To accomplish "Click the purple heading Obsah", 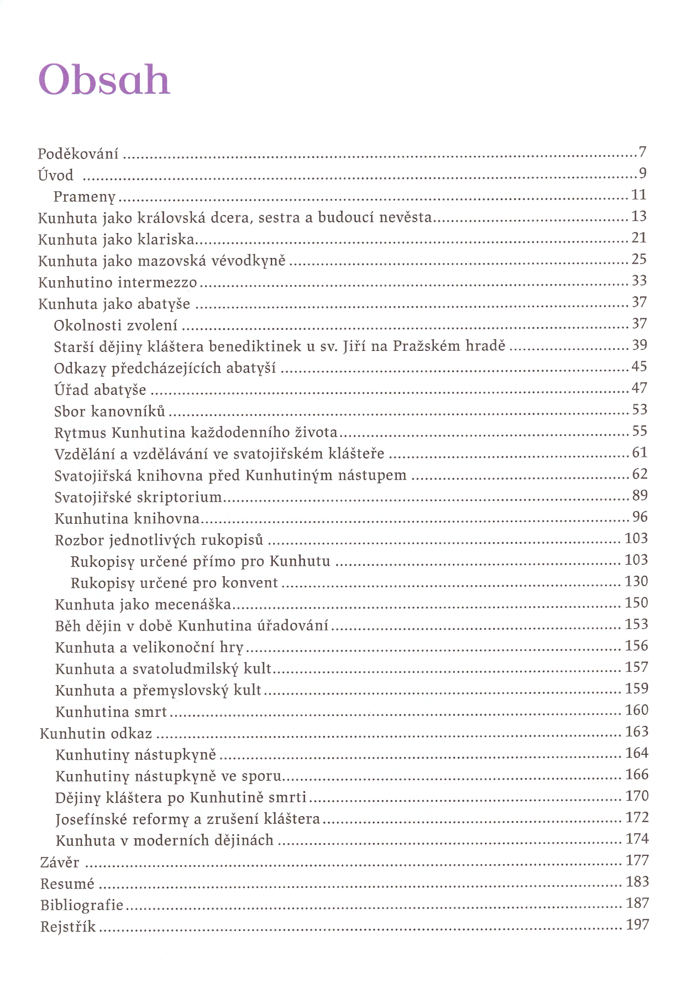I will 104,80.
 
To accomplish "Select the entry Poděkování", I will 78,154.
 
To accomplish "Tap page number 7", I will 642,152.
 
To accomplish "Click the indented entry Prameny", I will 85,197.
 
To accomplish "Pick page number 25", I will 639,259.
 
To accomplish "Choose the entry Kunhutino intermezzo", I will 117,283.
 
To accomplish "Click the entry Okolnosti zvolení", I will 116,325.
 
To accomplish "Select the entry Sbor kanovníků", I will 109,412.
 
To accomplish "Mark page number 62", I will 640,474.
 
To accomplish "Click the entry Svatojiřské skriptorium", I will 138,497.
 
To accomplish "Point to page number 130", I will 636,581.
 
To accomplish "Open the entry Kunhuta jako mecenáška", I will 143,604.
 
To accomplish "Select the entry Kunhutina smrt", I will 111,712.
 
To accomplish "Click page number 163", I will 637,732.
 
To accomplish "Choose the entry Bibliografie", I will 82,905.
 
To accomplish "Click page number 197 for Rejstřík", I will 637,924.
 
